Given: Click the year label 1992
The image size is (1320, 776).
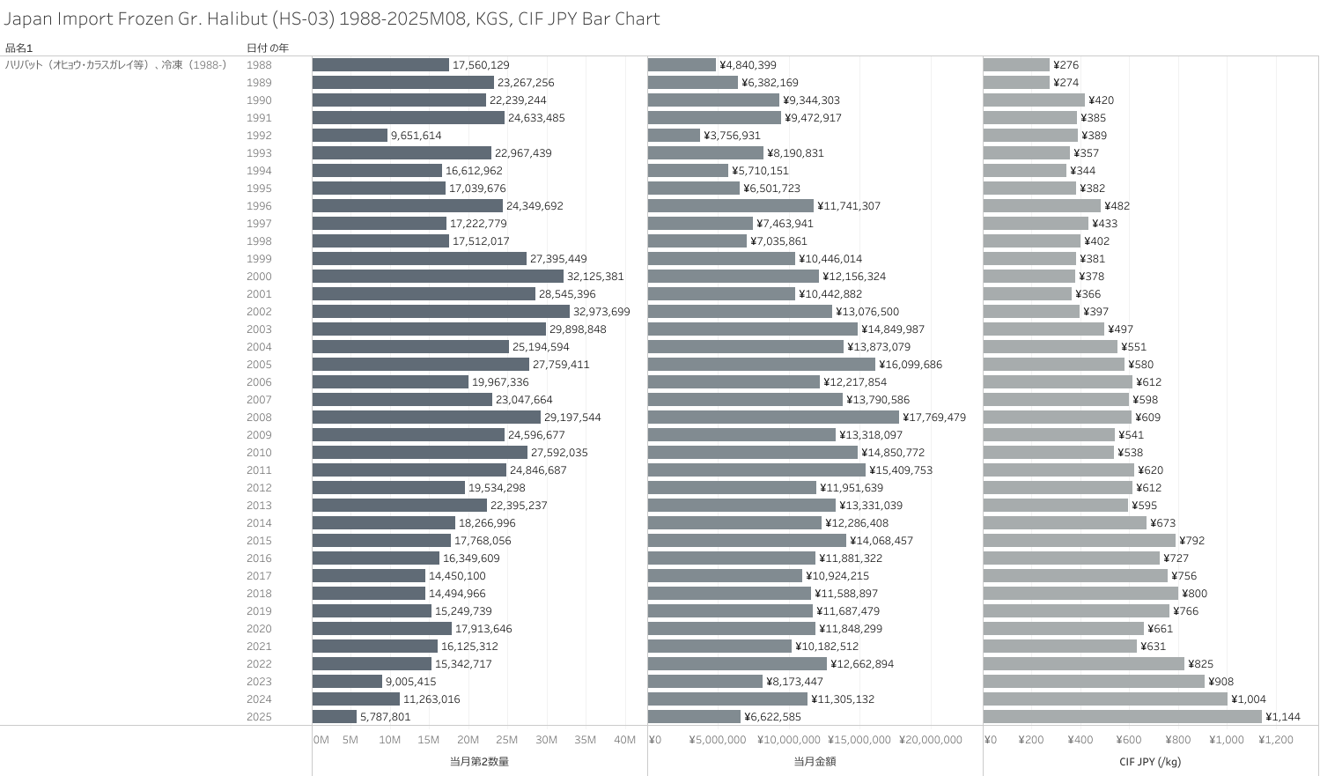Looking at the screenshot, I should (259, 136).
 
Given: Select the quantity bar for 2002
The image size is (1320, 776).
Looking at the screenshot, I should (440, 312).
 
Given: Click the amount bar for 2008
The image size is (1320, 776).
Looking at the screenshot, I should (773, 418).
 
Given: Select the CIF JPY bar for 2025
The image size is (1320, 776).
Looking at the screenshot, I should (1122, 717).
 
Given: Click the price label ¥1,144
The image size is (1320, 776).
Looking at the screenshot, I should (1283, 717).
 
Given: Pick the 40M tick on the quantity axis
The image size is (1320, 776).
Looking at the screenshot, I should (624, 740).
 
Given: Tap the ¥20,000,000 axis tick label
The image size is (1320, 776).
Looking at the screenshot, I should (931, 740).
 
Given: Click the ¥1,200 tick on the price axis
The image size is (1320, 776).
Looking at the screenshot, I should (1276, 740).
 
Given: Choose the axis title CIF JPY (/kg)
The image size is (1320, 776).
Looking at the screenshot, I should (1150, 762).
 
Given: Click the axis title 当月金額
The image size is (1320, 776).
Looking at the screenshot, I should (815, 762).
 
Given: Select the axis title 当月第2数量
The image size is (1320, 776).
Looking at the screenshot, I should (479, 762).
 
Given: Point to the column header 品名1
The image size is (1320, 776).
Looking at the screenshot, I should (18, 48).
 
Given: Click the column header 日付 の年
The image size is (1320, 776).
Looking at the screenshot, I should (267, 48).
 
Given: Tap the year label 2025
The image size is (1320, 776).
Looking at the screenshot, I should (259, 717).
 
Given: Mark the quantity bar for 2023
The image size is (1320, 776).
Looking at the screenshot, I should (347, 682).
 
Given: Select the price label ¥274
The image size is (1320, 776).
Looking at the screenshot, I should (1066, 83).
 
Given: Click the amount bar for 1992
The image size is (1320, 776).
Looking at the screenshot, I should (674, 136).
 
